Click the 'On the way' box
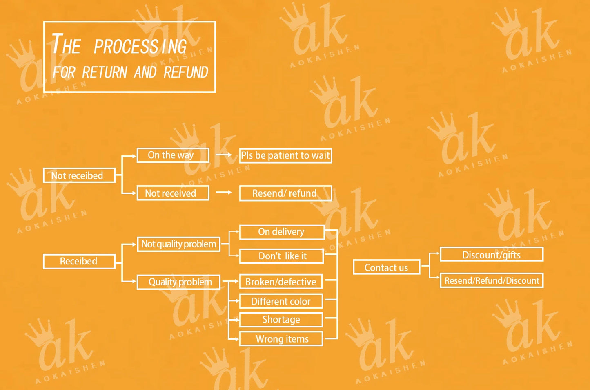click(x=173, y=155)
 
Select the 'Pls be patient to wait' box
click(x=285, y=156)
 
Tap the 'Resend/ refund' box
click(x=285, y=193)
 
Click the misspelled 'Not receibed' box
click(x=79, y=175)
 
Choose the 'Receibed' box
click(x=79, y=261)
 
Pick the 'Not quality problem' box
click(x=179, y=244)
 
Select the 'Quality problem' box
click(x=179, y=282)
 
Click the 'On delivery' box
click(x=282, y=232)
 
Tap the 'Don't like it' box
click(x=282, y=256)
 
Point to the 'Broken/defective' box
click(x=281, y=282)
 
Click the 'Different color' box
click(x=281, y=301)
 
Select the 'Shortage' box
click(x=281, y=320)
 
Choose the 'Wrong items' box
click(x=281, y=339)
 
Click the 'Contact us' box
click(x=386, y=267)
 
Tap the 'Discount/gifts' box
click(x=491, y=254)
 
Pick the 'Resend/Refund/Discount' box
click(x=491, y=281)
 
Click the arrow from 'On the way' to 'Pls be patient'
click(x=224, y=155)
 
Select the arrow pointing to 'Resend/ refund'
click(x=224, y=192)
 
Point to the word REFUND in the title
click(x=186, y=72)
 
